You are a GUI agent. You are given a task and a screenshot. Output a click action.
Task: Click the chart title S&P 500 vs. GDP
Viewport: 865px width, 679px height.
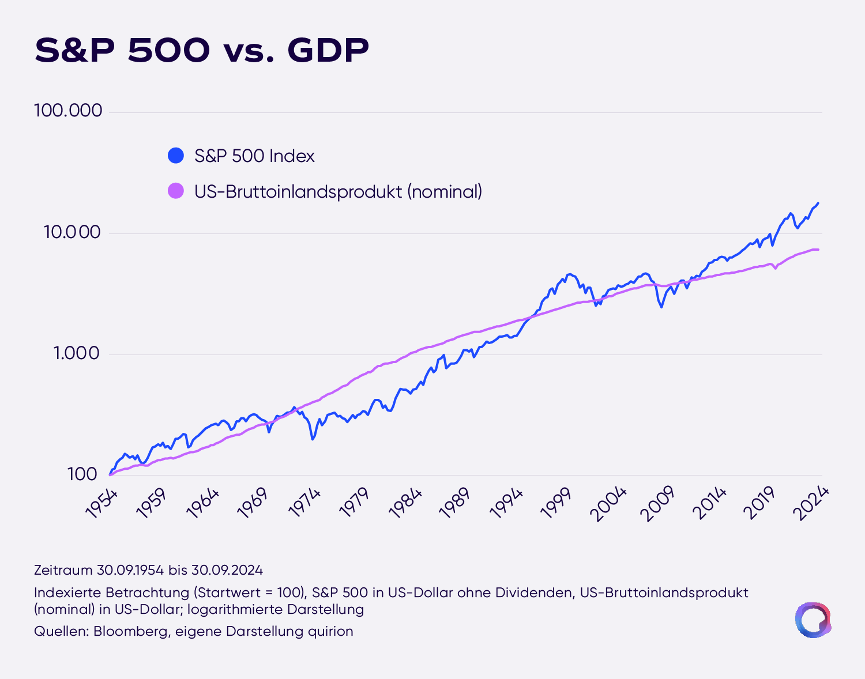click(x=202, y=50)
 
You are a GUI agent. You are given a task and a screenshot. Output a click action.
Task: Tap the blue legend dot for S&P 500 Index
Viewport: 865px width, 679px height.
click(x=175, y=155)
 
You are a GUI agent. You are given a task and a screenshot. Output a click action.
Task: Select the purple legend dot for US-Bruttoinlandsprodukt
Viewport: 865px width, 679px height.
click(x=175, y=191)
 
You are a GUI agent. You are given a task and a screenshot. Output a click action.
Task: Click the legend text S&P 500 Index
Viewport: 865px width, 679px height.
click(x=254, y=156)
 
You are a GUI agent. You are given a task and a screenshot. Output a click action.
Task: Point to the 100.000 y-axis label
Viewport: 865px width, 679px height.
click(x=68, y=110)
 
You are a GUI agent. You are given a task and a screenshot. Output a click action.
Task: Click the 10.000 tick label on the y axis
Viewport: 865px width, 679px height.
click(x=72, y=232)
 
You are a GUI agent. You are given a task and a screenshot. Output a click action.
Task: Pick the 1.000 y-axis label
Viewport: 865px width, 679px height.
click(x=77, y=353)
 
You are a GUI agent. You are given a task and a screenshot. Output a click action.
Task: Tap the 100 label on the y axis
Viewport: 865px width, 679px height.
click(x=82, y=474)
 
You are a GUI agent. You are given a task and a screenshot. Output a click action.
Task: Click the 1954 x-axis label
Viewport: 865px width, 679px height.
click(x=102, y=504)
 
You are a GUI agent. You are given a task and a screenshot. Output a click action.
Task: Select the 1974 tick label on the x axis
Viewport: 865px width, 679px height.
click(x=304, y=504)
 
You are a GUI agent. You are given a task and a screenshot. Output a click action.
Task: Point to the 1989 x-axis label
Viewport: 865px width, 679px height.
click(x=455, y=504)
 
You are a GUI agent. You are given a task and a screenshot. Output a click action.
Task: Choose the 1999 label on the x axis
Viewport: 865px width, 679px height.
click(x=556, y=504)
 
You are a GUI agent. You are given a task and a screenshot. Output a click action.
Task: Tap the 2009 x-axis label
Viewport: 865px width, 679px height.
click(x=657, y=504)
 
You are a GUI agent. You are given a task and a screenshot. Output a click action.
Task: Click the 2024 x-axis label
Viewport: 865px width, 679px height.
click(x=811, y=504)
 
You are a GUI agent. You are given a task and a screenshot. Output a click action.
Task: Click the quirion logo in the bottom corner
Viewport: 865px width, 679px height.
click(x=813, y=620)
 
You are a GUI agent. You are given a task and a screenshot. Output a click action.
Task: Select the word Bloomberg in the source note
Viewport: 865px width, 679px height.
click(x=130, y=631)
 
